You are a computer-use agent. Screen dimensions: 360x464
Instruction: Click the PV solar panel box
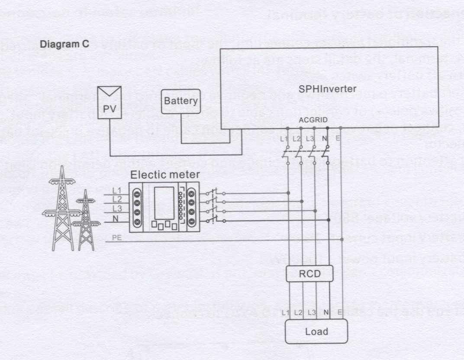pos(109,103)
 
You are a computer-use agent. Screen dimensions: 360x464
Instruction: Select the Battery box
pos(181,102)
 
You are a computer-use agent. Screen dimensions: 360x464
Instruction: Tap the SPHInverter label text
pos(328,89)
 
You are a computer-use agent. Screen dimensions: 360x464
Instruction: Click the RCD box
pos(309,273)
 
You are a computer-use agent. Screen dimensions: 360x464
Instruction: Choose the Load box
pos(316,332)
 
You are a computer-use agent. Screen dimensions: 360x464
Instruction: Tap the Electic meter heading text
pos(165,175)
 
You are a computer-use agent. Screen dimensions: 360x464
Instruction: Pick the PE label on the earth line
pos(116,237)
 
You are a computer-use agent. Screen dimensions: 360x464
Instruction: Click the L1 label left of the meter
pos(116,190)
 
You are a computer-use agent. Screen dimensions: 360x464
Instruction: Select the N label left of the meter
pos(116,219)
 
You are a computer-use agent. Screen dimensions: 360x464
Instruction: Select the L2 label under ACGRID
pos(296,139)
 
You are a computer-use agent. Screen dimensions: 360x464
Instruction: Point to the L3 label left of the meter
pos(116,209)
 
